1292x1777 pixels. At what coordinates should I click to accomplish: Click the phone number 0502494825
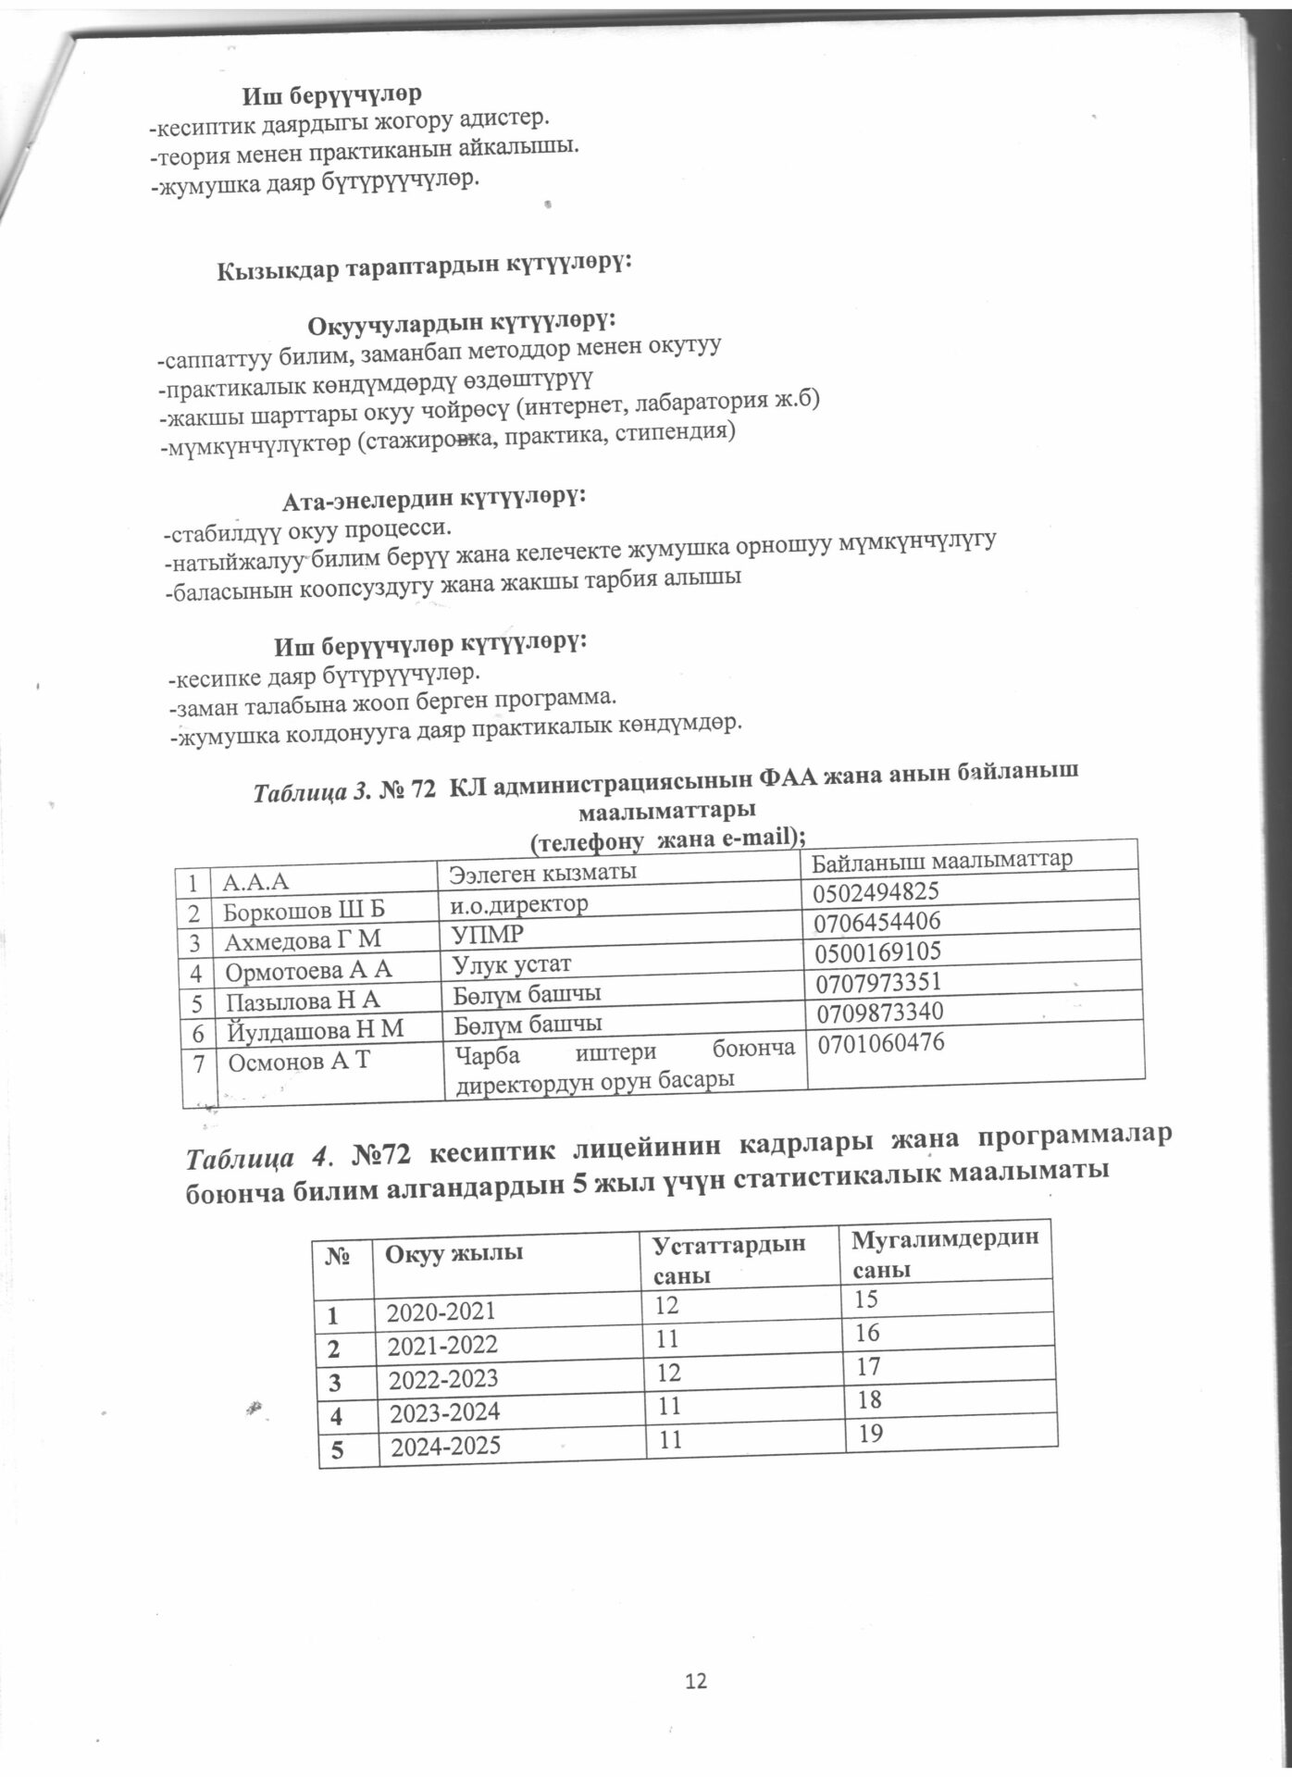point(876,892)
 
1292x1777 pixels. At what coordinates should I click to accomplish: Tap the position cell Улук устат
point(512,964)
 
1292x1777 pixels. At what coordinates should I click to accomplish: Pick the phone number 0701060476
point(879,1043)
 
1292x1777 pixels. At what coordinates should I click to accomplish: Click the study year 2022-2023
point(441,1379)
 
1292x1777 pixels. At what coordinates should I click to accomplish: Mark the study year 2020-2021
point(441,1311)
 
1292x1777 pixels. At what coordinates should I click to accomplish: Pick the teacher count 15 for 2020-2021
point(866,1300)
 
